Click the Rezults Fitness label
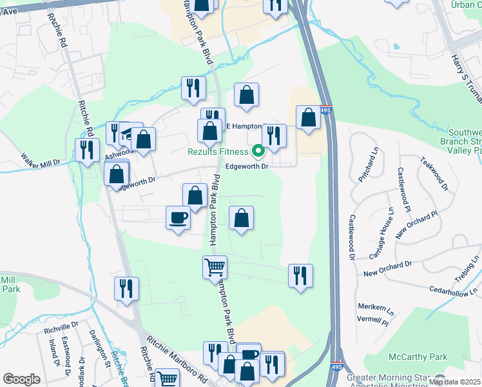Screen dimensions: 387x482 point(218,152)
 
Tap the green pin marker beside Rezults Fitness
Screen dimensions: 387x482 point(258,152)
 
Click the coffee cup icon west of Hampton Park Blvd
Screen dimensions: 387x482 point(178,217)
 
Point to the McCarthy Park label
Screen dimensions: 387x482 point(418,357)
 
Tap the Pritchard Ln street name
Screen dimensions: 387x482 point(374,174)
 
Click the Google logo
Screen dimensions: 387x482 point(21,379)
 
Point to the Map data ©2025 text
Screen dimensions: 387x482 point(454,382)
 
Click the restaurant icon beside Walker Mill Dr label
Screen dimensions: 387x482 point(86,150)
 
